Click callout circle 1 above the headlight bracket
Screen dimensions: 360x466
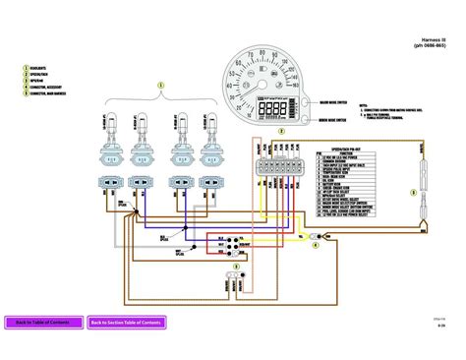[162, 87]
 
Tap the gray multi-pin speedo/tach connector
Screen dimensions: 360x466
[265, 167]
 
